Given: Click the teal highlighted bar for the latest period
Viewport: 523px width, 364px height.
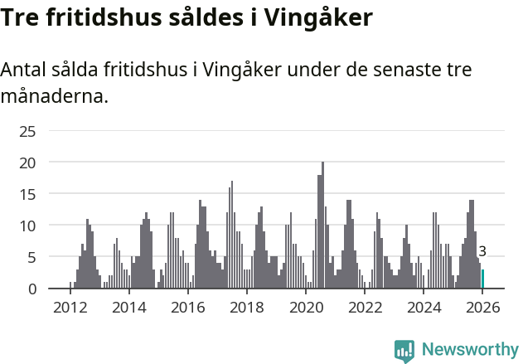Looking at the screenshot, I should coord(482,279).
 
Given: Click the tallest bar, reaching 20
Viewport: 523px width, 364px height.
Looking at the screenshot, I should coord(322,226).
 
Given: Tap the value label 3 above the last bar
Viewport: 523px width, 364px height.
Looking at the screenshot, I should coord(482,251).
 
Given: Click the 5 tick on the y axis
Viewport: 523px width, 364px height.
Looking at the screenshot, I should coord(31,257).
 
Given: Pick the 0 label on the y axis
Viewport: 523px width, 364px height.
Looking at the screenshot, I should coord(31,289).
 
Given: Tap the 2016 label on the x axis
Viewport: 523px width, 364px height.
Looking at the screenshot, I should coord(188,308).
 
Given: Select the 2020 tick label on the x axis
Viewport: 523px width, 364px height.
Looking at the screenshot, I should coord(306,308).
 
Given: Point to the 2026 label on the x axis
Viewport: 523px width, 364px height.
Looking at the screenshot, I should coord(482,308).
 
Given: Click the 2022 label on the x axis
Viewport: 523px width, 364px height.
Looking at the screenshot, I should coord(365,308).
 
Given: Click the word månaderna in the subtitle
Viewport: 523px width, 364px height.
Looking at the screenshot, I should coord(55,97).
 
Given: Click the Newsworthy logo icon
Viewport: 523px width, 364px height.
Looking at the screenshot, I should coord(404,350).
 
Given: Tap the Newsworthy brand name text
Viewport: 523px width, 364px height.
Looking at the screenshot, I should coord(469,350).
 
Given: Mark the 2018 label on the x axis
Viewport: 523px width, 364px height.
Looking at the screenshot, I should coord(247,308).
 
